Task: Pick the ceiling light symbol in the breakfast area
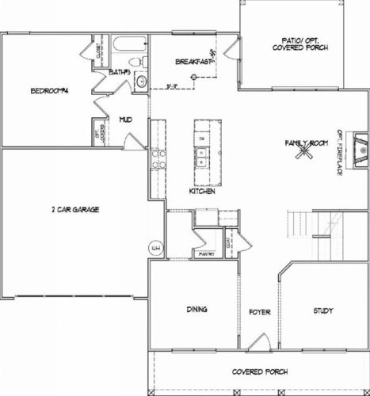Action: pyautogui.click(x=215, y=77)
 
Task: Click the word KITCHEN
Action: pyautogui.click(x=203, y=192)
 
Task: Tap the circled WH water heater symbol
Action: pyautogui.click(x=155, y=248)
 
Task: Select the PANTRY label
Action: pyautogui.click(x=207, y=254)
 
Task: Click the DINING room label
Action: pyautogui.click(x=197, y=309)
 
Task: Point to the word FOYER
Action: pyautogui.click(x=259, y=312)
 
